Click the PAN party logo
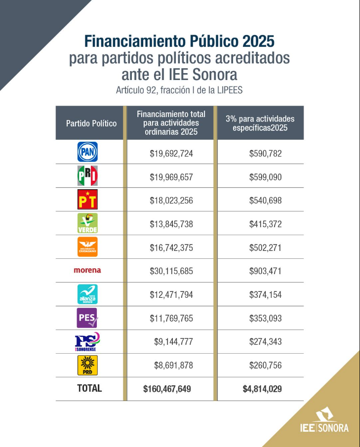tap(87, 152)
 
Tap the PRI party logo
tap(87, 176)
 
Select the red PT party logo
tap(87, 199)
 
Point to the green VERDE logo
tap(87, 223)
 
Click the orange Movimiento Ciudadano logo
tap(87, 246)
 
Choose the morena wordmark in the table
tap(87, 270)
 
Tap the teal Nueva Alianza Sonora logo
tap(87, 294)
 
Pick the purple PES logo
tap(87, 318)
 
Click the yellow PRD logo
tap(87, 365)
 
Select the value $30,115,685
tap(171, 271)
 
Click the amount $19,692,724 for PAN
tap(171, 153)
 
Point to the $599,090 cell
tap(265, 177)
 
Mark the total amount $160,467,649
tap(167, 389)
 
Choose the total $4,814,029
tap(262, 389)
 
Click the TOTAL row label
tap(89, 388)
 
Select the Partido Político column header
tap(91, 123)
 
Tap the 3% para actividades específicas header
tap(260, 123)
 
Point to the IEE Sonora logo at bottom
tap(324, 421)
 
